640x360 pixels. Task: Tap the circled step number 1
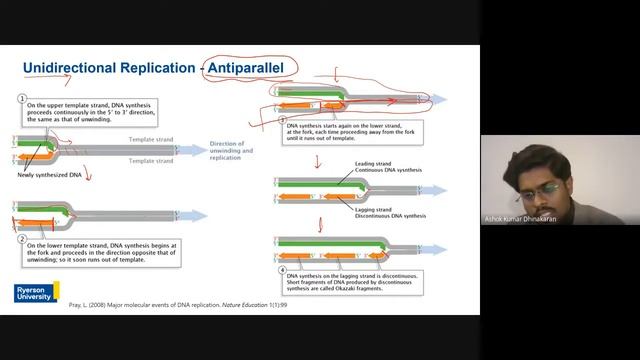click(21, 98)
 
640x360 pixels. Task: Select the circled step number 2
click(21, 240)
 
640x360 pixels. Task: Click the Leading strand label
click(374, 162)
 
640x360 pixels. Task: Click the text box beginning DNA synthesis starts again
click(350, 132)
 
